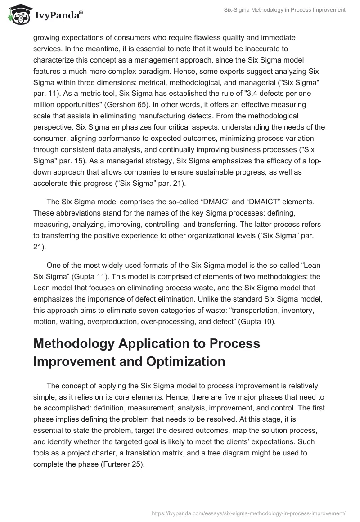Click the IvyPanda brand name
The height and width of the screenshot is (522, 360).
coord(58,16)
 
